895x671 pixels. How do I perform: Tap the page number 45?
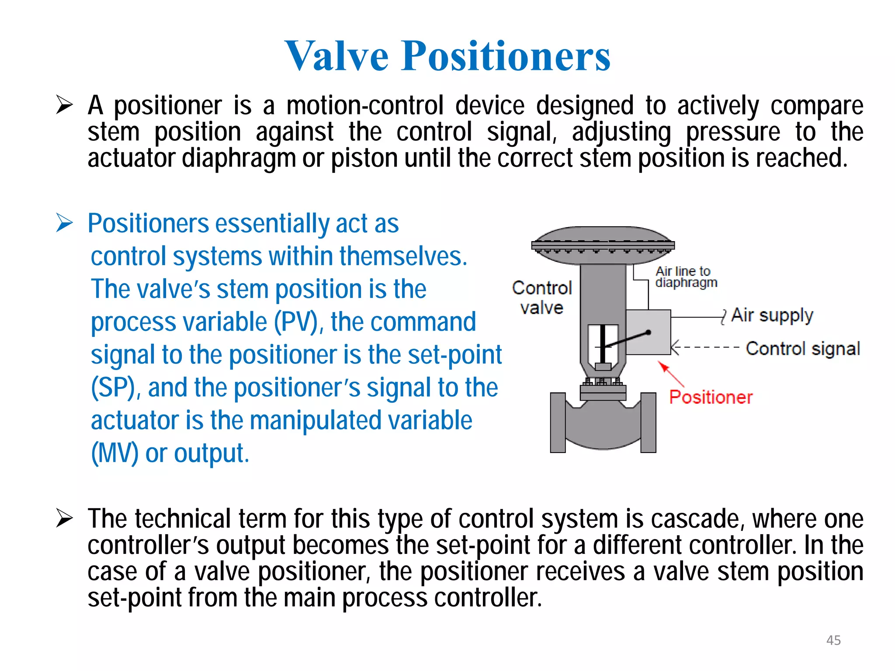[x=833, y=640]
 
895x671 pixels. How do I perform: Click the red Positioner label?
[x=711, y=397]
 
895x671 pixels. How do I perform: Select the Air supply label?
[x=772, y=315]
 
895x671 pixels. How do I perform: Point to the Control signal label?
[x=803, y=349]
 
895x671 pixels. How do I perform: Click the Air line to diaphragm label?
[x=686, y=277]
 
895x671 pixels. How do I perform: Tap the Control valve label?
[x=542, y=297]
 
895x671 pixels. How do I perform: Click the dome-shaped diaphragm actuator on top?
[x=603, y=245]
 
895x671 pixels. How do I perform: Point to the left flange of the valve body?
[x=558, y=422]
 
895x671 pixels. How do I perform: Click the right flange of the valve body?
[x=648, y=422]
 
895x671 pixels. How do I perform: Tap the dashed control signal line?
[x=708, y=348]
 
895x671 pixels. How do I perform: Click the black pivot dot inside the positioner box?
[x=649, y=332]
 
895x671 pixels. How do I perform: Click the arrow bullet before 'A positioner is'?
[x=64, y=105]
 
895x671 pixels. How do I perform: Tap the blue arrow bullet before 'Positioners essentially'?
[x=64, y=223]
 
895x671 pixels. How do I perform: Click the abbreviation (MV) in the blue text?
[x=114, y=453]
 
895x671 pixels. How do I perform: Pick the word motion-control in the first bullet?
[x=365, y=106]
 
